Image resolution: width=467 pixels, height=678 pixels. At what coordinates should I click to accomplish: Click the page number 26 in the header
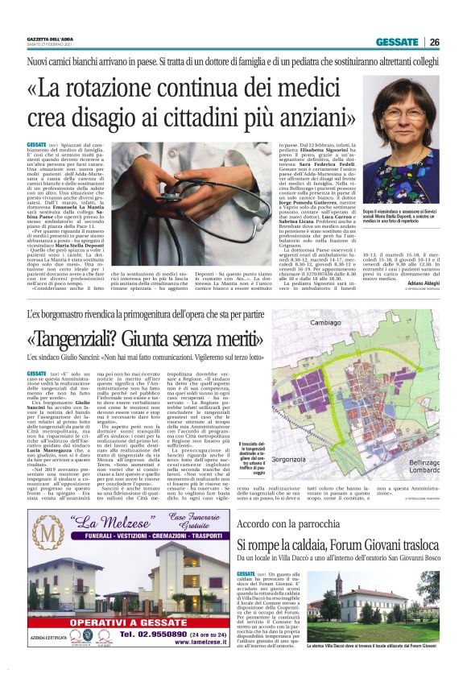[x=435, y=43]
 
